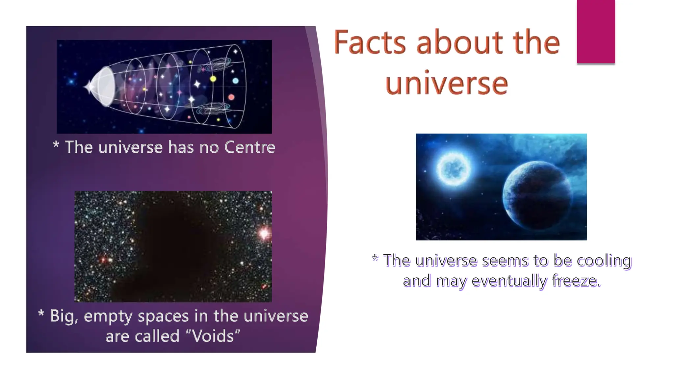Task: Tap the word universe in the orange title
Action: tap(447, 84)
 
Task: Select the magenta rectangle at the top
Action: tap(596, 32)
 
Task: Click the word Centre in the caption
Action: tap(249, 147)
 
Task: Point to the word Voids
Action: tap(213, 336)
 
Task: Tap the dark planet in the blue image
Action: tap(537, 195)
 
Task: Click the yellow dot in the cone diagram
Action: tap(213, 79)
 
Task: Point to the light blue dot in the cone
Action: tap(236, 81)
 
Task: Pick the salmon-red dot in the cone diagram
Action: tap(231, 97)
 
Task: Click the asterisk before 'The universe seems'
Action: tap(375, 258)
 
